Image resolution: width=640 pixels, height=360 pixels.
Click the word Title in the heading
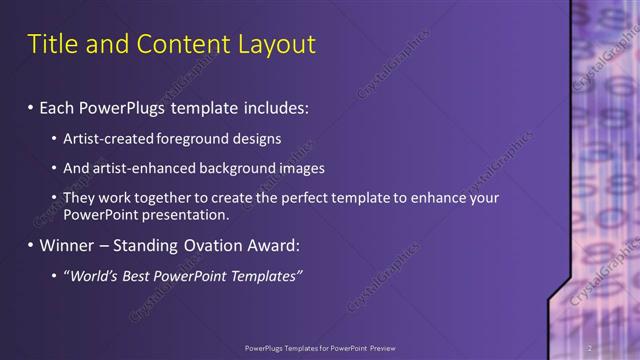[52, 44]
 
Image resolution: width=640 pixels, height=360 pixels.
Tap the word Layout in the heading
[273, 44]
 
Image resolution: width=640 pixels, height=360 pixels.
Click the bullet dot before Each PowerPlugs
[32, 105]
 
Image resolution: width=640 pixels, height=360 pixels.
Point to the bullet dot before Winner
[32, 245]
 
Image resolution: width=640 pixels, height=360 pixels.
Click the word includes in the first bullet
[271, 105]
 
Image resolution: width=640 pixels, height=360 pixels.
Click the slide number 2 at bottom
[590, 348]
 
